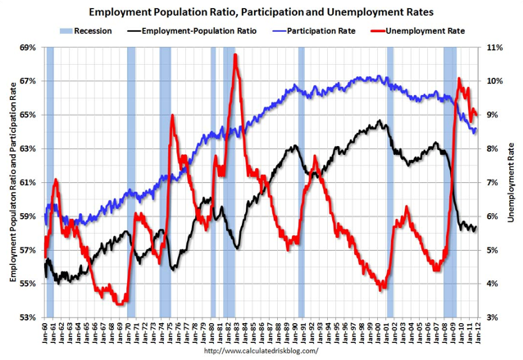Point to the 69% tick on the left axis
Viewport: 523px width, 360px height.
26,48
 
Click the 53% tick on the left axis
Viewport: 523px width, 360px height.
26,317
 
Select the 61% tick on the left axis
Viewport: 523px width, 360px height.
26,182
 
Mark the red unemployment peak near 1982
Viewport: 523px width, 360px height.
235,56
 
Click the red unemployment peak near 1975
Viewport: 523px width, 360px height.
172,116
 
